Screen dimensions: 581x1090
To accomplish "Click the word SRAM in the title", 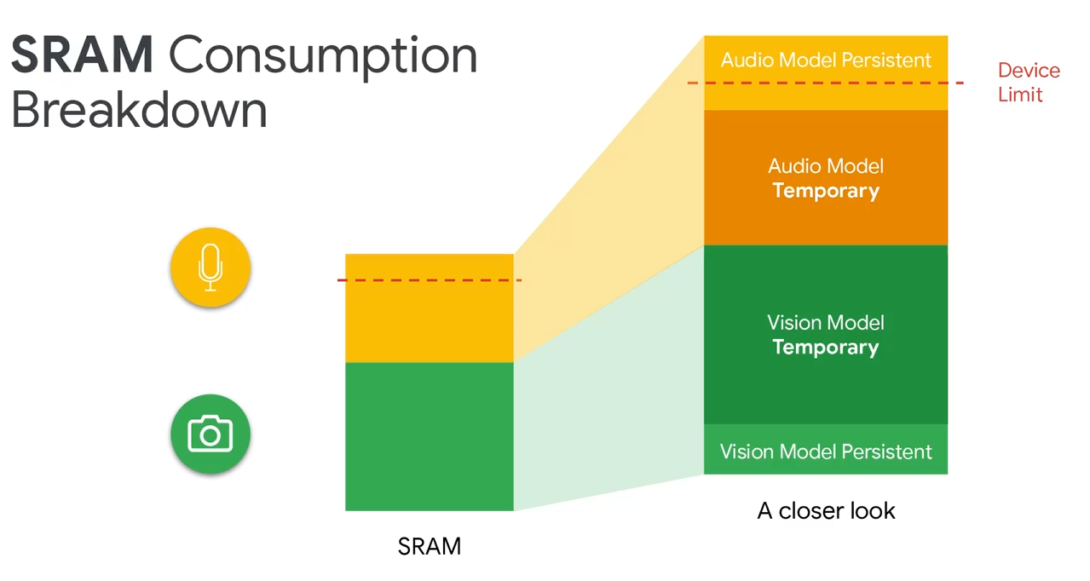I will point(82,55).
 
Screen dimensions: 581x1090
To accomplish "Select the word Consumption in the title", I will point(323,57).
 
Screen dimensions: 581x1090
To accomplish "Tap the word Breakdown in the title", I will point(139,111).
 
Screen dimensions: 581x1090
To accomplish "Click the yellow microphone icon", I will point(211,267).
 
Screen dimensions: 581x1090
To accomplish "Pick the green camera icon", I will point(211,434).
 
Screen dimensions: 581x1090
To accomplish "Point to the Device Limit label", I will point(1029,82).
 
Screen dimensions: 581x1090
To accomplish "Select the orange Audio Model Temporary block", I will point(825,177).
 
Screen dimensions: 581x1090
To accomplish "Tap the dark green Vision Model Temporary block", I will point(825,334).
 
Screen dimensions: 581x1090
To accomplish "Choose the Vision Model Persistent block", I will point(825,451).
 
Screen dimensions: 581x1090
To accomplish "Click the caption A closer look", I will point(826,511).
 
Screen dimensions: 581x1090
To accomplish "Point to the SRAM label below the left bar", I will point(430,546).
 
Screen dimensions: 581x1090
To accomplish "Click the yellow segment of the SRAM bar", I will point(429,324).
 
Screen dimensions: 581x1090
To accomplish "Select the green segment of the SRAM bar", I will point(429,436).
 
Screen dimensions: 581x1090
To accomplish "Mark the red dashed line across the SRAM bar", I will point(429,280).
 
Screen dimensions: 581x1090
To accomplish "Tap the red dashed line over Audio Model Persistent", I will point(825,83).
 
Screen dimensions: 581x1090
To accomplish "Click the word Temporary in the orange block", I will point(825,190).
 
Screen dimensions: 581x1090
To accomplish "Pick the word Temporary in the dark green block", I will point(825,347).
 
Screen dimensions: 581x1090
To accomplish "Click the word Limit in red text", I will point(1020,94).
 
